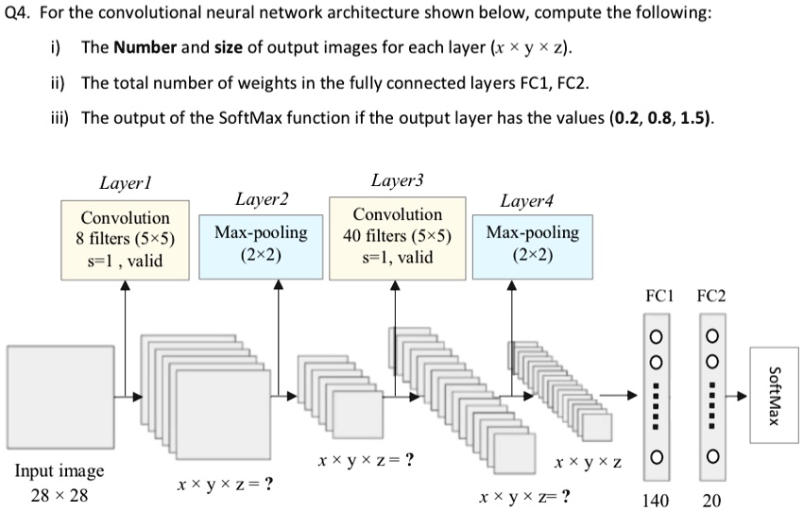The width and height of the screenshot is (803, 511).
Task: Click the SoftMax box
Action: coord(774,394)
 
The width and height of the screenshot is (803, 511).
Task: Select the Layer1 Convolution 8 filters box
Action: coord(125,239)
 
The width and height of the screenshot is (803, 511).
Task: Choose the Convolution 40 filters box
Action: coord(397,236)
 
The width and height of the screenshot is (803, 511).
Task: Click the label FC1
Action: coord(658,296)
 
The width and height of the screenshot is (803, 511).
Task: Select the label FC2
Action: coord(710,296)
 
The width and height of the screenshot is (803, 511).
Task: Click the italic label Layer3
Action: coord(397,179)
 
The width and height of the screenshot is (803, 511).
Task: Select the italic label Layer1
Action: coord(126,181)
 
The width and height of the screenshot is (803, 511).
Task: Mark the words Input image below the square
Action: coord(59,470)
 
